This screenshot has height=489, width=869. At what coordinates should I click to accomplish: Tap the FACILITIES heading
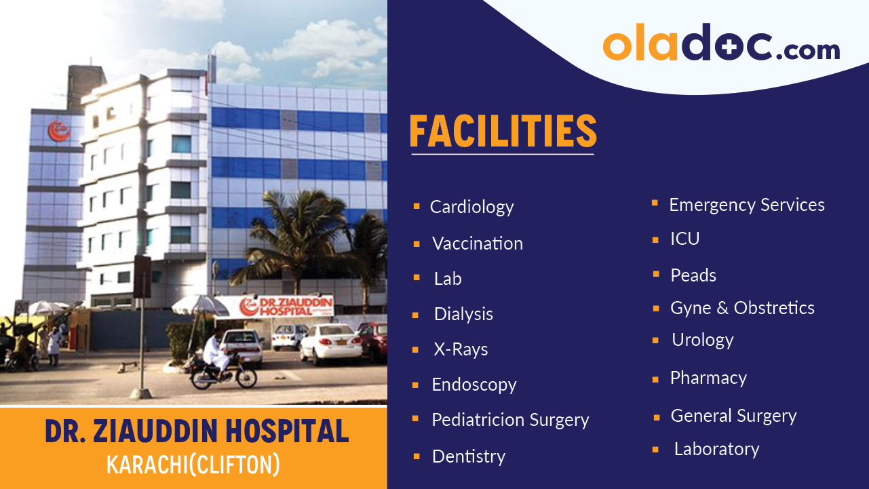click(x=503, y=132)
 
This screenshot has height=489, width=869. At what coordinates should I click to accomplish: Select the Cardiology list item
click(x=471, y=207)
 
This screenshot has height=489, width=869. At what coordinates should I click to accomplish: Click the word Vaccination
click(x=478, y=243)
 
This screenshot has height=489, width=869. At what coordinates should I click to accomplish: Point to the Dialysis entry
click(x=463, y=314)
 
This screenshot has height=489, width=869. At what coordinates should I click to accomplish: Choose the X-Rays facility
click(x=461, y=350)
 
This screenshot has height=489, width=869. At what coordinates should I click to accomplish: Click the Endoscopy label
click(x=474, y=385)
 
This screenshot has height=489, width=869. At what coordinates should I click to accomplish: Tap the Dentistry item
click(x=469, y=456)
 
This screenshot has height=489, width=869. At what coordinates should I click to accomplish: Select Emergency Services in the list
click(x=747, y=205)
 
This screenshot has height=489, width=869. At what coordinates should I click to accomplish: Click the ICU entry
click(x=685, y=239)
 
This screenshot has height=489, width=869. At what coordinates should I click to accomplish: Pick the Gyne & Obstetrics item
click(x=742, y=308)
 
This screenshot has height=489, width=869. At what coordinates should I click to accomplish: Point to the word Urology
click(x=702, y=340)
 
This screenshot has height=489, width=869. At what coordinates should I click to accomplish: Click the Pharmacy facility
click(x=708, y=378)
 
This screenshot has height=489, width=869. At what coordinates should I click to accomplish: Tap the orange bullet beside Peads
click(x=656, y=274)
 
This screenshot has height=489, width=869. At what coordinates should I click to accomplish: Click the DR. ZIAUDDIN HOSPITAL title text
click(x=197, y=432)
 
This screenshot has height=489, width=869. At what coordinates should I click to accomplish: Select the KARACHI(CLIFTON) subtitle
click(x=193, y=465)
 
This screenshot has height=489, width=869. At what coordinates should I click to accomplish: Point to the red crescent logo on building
click(x=58, y=131)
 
